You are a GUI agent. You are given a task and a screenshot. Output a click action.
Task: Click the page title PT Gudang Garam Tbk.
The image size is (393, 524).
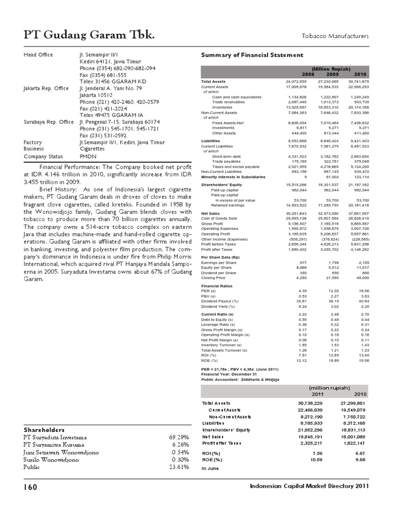[x=89, y=35]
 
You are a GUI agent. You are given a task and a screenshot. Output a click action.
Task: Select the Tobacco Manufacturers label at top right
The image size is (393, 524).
[x=338, y=36]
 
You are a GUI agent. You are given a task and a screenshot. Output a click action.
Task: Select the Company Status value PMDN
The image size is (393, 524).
[x=88, y=156]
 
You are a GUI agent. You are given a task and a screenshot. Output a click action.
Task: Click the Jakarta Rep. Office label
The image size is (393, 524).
[x=46, y=89]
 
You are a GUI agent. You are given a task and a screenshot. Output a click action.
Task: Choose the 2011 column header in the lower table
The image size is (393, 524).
[x=318, y=395]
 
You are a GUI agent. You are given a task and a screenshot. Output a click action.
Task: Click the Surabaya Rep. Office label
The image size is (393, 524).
[x=49, y=122]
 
